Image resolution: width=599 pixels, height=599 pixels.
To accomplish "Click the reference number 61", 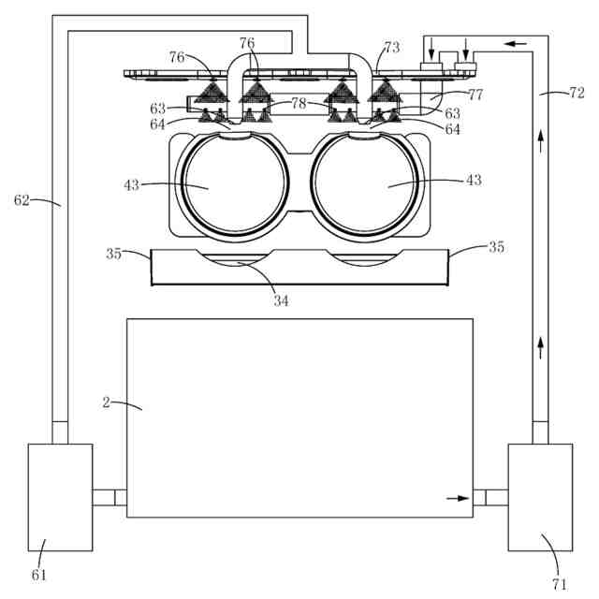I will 39,574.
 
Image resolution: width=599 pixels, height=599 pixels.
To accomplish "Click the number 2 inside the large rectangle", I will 107,402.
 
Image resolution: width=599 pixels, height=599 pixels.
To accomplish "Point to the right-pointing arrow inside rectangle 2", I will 457,498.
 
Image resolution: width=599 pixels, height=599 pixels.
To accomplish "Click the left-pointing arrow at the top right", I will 515,42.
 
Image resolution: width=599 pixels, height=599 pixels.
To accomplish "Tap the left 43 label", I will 131,184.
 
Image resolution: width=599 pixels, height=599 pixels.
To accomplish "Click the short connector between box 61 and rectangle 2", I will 110,498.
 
